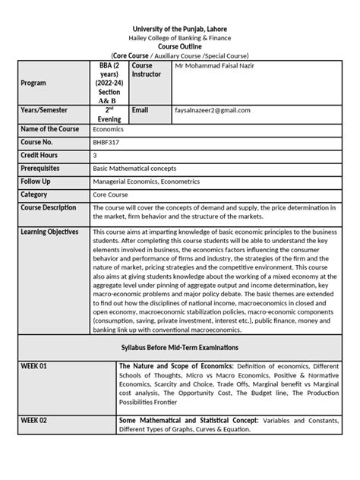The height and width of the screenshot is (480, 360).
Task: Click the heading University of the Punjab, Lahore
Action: [x=180, y=27]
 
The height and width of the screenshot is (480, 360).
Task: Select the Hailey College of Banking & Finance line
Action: [x=180, y=37]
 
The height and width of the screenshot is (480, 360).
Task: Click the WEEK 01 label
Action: [x=34, y=365]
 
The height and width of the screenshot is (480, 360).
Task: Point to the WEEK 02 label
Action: [x=34, y=419]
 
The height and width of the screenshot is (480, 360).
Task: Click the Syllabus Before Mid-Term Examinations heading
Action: [x=180, y=346]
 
